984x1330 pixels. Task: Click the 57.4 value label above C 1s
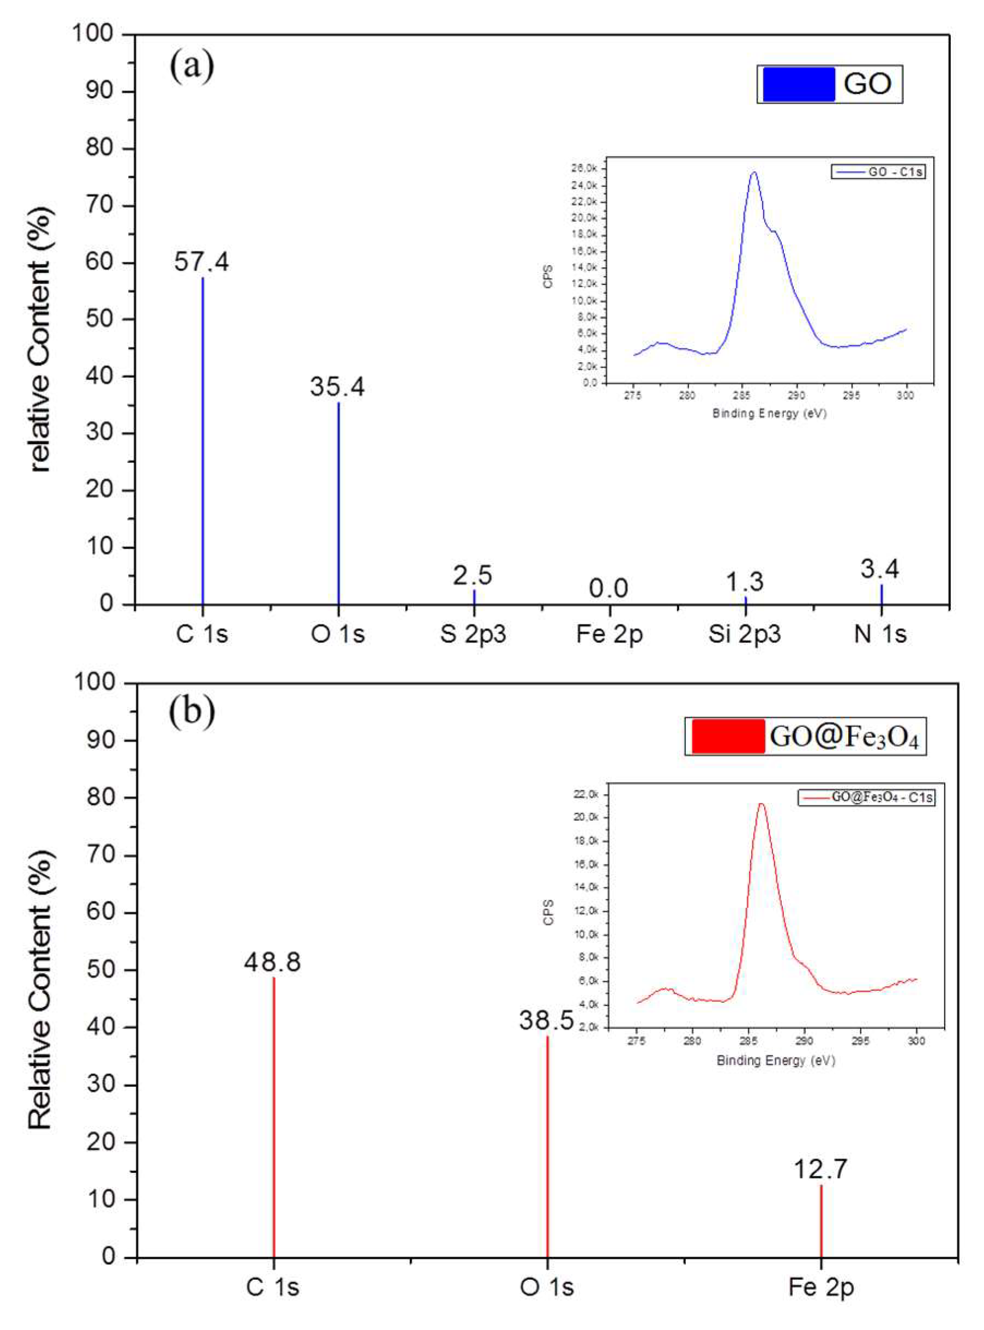[x=201, y=262]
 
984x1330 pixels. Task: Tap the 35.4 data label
[x=337, y=387]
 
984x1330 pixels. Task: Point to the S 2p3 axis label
[x=473, y=634]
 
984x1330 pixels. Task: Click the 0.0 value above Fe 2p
[x=609, y=589]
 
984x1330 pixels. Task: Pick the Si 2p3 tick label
[x=745, y=634]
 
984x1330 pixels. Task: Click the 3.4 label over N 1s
[x=880, y=569]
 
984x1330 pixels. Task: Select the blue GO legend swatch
[x=798, y=84]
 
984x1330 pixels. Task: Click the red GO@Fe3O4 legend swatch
[x=728, y=737]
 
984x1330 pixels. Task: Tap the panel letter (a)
[x=192, y=67]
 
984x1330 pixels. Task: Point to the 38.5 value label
[x=546, y=1021]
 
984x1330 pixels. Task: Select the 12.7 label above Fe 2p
[x=820, y=1169]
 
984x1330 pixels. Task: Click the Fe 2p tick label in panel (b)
[x=821, y=1287]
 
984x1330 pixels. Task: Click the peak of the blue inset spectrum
[x=754, y=173]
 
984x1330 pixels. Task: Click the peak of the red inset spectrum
[x=760, y=804]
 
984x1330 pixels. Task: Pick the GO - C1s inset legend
[x=878, y=172]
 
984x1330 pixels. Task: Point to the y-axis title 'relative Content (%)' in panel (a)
[x=41, y=340]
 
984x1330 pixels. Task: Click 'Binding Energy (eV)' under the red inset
[x=776, y=1060]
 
